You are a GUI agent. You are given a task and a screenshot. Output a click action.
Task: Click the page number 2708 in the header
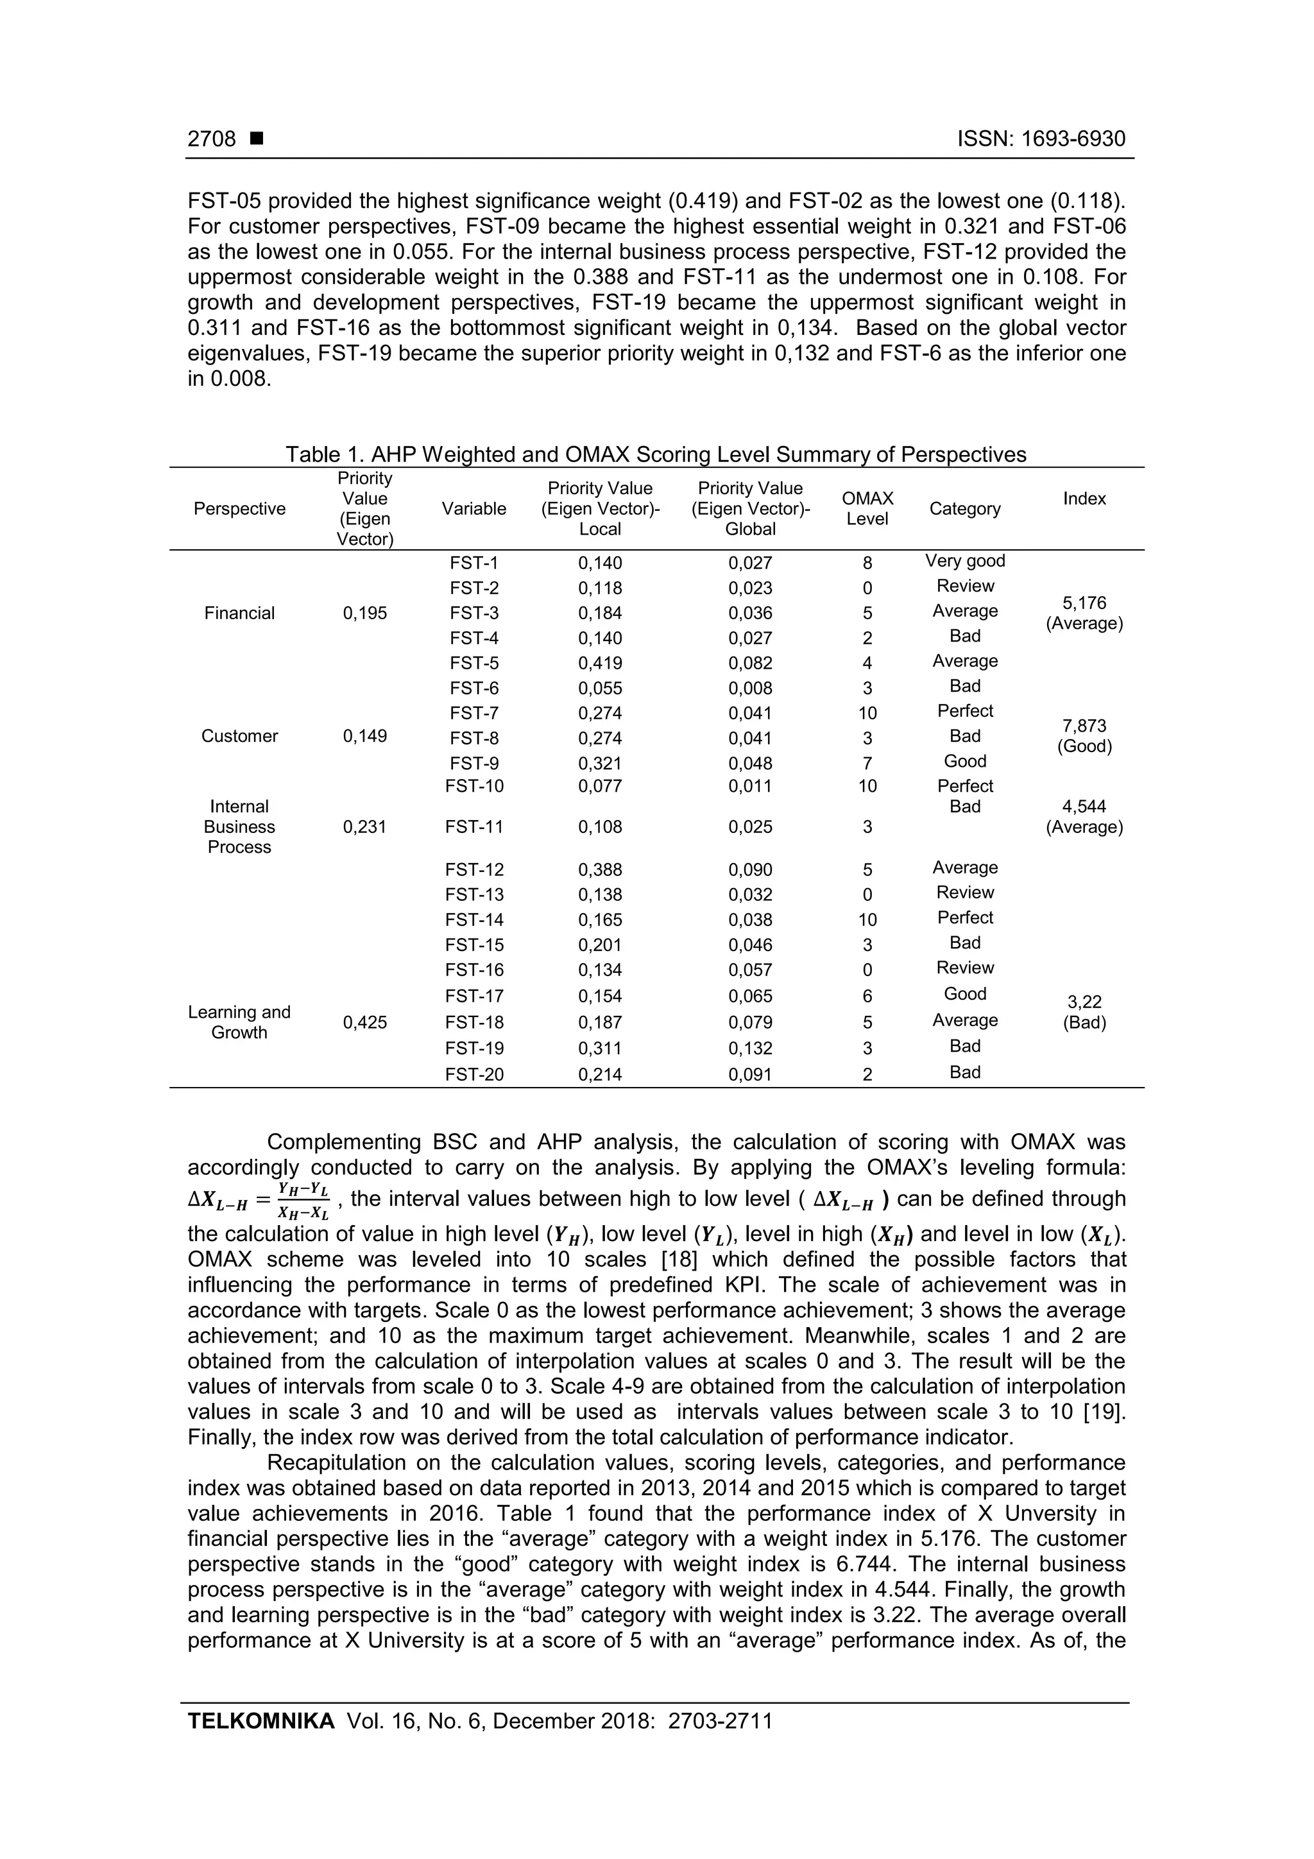click(211, 139)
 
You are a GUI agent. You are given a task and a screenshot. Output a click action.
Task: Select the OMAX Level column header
click(867, 508)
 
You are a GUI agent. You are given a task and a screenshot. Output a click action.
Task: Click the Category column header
click(964, 508)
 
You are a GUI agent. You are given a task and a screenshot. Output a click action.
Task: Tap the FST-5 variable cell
click(474, 663)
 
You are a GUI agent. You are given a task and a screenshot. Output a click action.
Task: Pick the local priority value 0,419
click(599, 663)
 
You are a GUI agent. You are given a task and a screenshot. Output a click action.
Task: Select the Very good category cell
click(964, 561)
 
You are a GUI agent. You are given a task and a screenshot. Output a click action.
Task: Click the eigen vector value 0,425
click(364, 1023)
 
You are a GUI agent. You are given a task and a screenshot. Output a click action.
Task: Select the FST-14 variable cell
click(474, 920)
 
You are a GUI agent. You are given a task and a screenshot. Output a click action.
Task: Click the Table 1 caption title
click(655, 454)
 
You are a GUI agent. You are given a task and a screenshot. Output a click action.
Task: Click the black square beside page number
click(257, 139)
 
